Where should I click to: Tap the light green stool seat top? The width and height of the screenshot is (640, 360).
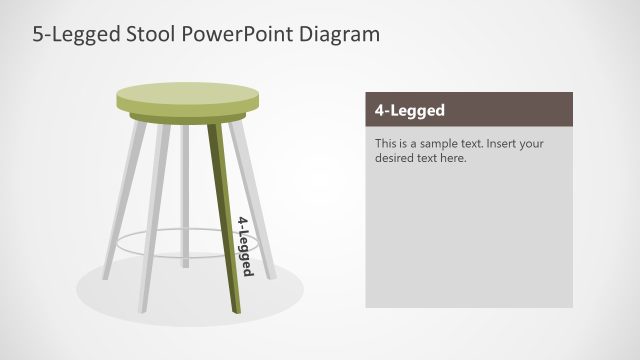[x=187, y=97]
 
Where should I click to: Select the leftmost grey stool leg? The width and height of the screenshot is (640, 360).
[x=124, y=200]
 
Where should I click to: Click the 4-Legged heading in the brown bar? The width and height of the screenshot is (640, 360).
[x=410, y=110]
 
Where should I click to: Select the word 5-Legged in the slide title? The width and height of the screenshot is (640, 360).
[x=73, y=34]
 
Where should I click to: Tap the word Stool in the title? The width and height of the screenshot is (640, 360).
[x=149, y=34]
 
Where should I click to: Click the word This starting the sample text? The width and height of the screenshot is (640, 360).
[x=387, y=143]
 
